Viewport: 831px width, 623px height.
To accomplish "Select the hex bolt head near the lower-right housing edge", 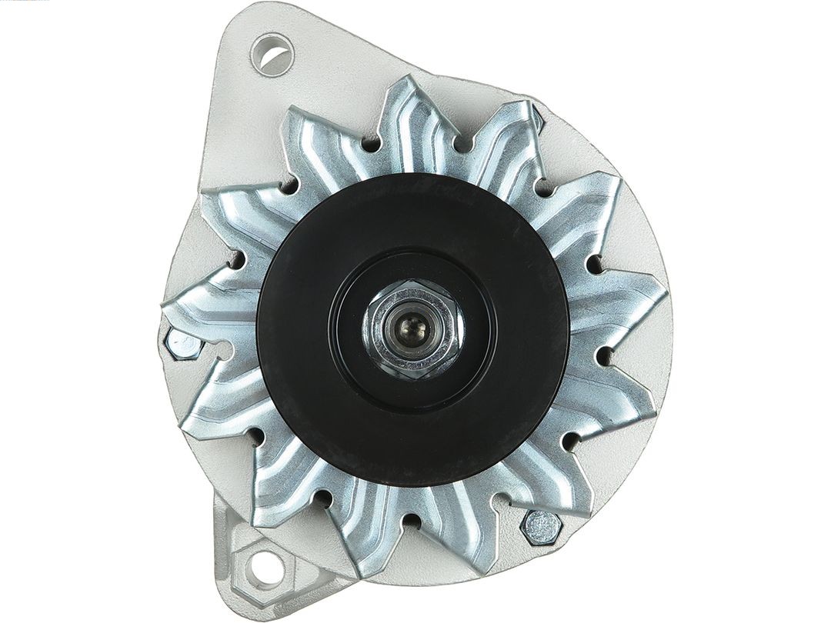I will tap(541, 528).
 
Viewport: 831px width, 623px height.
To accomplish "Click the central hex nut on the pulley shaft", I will tap(412, 328).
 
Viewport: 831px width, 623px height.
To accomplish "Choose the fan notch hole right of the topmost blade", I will tap(461, 143).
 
